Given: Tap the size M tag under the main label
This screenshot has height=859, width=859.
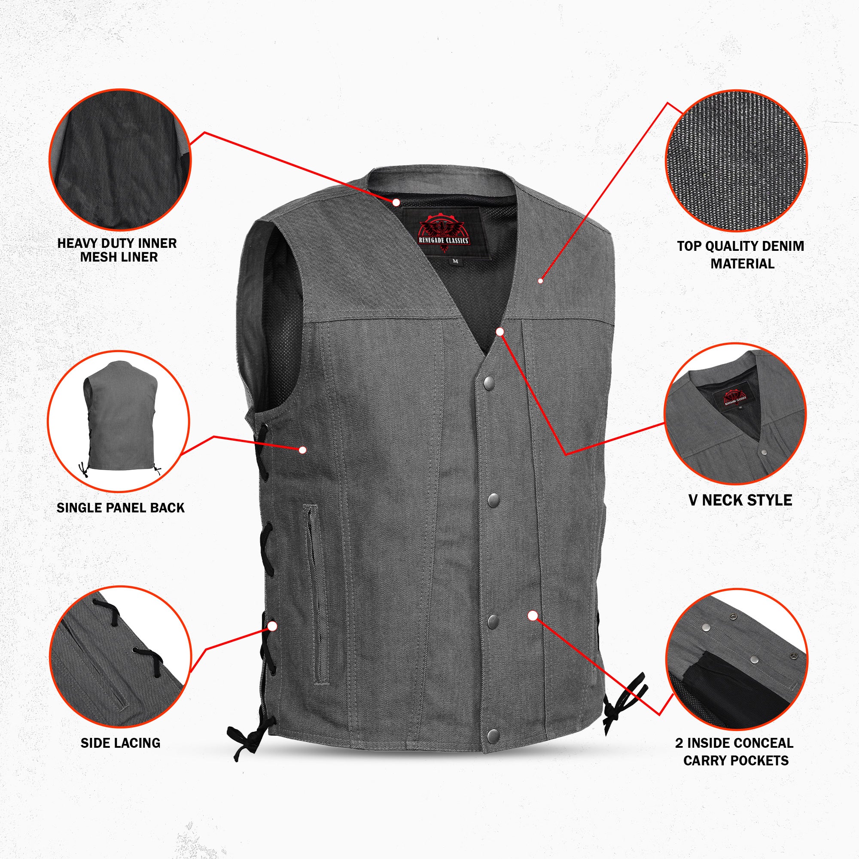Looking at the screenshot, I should click(x=454, y=261).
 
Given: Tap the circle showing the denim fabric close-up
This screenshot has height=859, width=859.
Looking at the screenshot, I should click(x=736, y=161).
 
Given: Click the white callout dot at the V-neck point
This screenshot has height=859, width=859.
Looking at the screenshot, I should click(x=500, y=331).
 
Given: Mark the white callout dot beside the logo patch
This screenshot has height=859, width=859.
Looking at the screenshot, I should click(x=396, y=202).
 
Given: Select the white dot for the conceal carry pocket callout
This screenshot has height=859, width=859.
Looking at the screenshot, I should click(x=533, y=616).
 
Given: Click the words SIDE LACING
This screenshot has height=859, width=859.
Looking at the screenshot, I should click(x=120, y=743).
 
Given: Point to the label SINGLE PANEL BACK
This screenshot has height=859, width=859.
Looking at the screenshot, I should click(x=120, y=508).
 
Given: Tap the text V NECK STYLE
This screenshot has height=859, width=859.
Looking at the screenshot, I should click(x=740, y=500).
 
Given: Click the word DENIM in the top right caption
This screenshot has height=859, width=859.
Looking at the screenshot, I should click(x=782, y=246).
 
